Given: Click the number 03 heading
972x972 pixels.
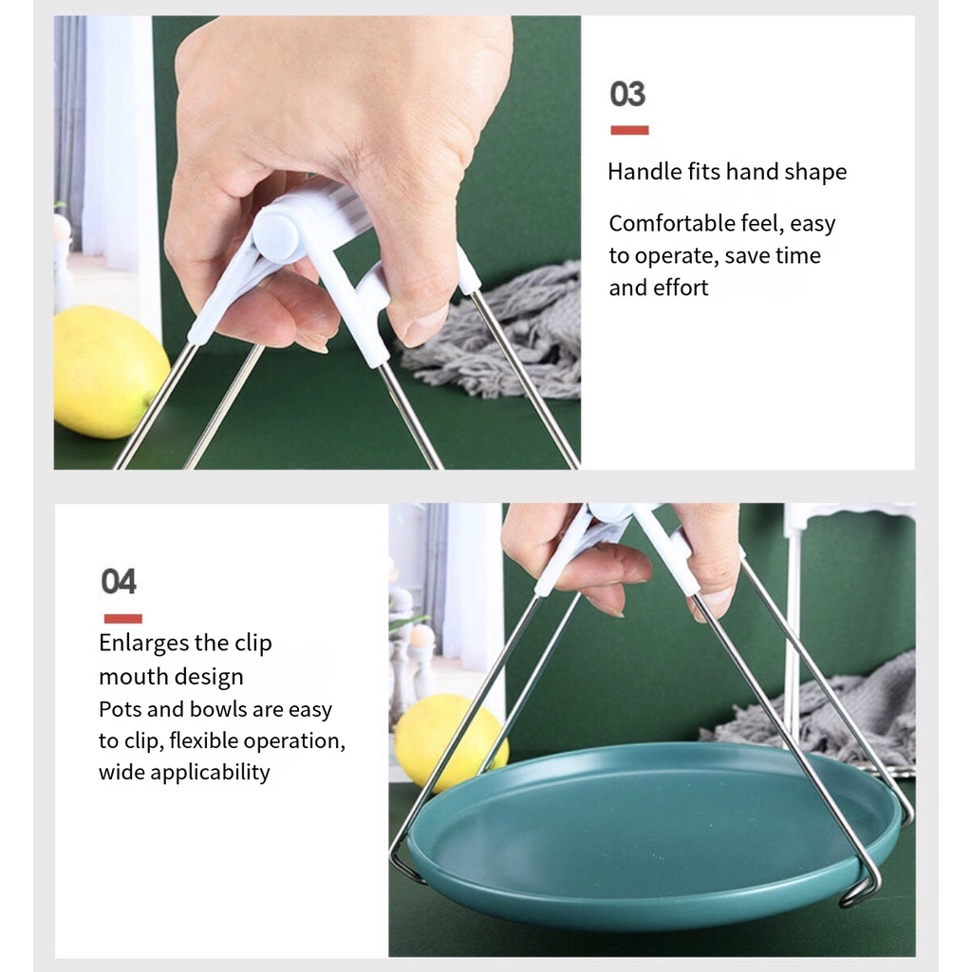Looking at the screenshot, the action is [x=627, y=94].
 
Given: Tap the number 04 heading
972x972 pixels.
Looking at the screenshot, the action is [x=119, y=582].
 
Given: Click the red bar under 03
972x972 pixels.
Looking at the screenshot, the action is [x=629, y=130].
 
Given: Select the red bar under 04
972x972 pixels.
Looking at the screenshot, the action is [x=122, y=618].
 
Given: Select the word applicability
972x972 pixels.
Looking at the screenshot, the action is [x=210, y=773].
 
